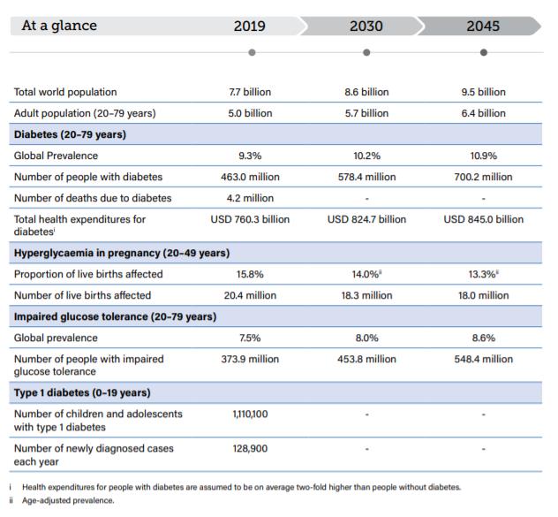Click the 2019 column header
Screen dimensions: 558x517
click(250, 26)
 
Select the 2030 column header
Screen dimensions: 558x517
click(366, 26)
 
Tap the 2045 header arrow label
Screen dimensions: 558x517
click(483, 26)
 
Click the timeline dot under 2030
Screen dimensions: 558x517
click(366, 52)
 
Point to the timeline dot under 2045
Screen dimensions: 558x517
click(483, 52)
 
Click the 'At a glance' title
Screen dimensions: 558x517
click(59, 26)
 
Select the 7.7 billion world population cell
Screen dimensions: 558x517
click(250, 92)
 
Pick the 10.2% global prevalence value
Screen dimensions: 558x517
click(366, 156)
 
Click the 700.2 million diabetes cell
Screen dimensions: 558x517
click(483, 177)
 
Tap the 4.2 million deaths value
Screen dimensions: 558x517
click(250, 198)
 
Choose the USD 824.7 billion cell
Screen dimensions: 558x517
click(366, 219)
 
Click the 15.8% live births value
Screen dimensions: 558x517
click(250, 274)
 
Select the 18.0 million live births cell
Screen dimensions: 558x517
click(483, 295)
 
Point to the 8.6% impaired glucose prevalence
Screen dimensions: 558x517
click(483, 338)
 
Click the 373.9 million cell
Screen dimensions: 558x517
click(250, 359)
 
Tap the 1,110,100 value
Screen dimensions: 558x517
click(250, 414)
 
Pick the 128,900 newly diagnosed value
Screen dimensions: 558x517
click(250, 448)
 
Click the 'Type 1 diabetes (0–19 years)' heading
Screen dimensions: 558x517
click(82, 392)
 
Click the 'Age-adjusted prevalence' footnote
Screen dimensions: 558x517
click(68, 500)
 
